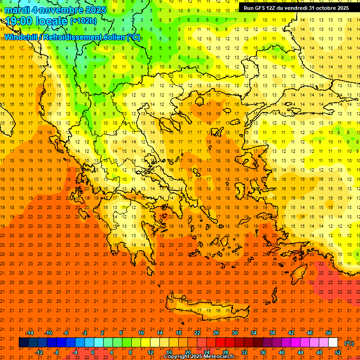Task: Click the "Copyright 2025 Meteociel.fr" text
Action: pyautogui.click(x=200, y=357)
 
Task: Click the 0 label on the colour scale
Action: pyautogui.click(x=93, y=352)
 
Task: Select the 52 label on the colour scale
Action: pyautogui.click(x=337, y=352)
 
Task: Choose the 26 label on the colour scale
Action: pyautogui.click(x=216, y=333)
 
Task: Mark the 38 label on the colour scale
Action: pyautogui.click(x=272, y=333)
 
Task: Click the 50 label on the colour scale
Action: pyautogui.click(x=328, y=333)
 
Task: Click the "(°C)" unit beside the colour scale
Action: pyautogui.click(x=349, y=343)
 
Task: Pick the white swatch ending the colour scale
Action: pyautogui.click(x=333, y=343)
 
